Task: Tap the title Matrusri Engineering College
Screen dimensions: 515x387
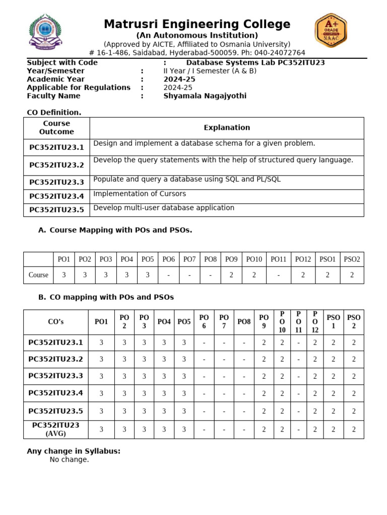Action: coord(197,24)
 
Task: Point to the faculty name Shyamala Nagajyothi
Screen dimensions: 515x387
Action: coord(205,96)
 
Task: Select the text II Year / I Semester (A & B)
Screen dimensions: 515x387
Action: coord(210,71)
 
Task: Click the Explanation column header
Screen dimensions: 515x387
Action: coord(227,128)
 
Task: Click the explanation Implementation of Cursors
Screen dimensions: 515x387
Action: coord(140,194)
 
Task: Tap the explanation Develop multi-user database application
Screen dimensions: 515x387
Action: coord(164,208)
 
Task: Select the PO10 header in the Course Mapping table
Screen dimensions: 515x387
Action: coord(254,259)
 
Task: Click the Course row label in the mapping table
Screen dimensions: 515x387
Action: coord(39,275)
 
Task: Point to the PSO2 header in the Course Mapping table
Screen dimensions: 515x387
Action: coord(352,259)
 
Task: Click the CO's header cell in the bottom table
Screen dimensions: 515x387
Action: coord(55,322)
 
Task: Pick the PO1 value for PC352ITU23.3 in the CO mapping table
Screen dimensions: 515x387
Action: coord(101,376)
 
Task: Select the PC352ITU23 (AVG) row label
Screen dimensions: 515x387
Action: coord(55,429)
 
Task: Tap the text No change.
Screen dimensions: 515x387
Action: coord(69,460)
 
